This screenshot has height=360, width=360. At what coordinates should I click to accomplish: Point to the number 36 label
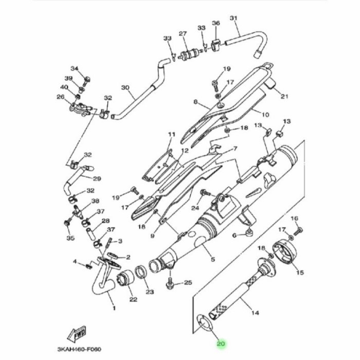coord(215,23)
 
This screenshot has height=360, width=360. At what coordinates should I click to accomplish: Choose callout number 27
coord(182,34)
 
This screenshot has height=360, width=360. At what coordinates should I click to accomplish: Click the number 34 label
coord(74,69)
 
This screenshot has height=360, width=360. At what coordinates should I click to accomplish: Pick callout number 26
coord(60,97)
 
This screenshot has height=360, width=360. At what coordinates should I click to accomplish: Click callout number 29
coord(97,178)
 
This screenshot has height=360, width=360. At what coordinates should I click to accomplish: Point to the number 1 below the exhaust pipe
coord(114,309)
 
